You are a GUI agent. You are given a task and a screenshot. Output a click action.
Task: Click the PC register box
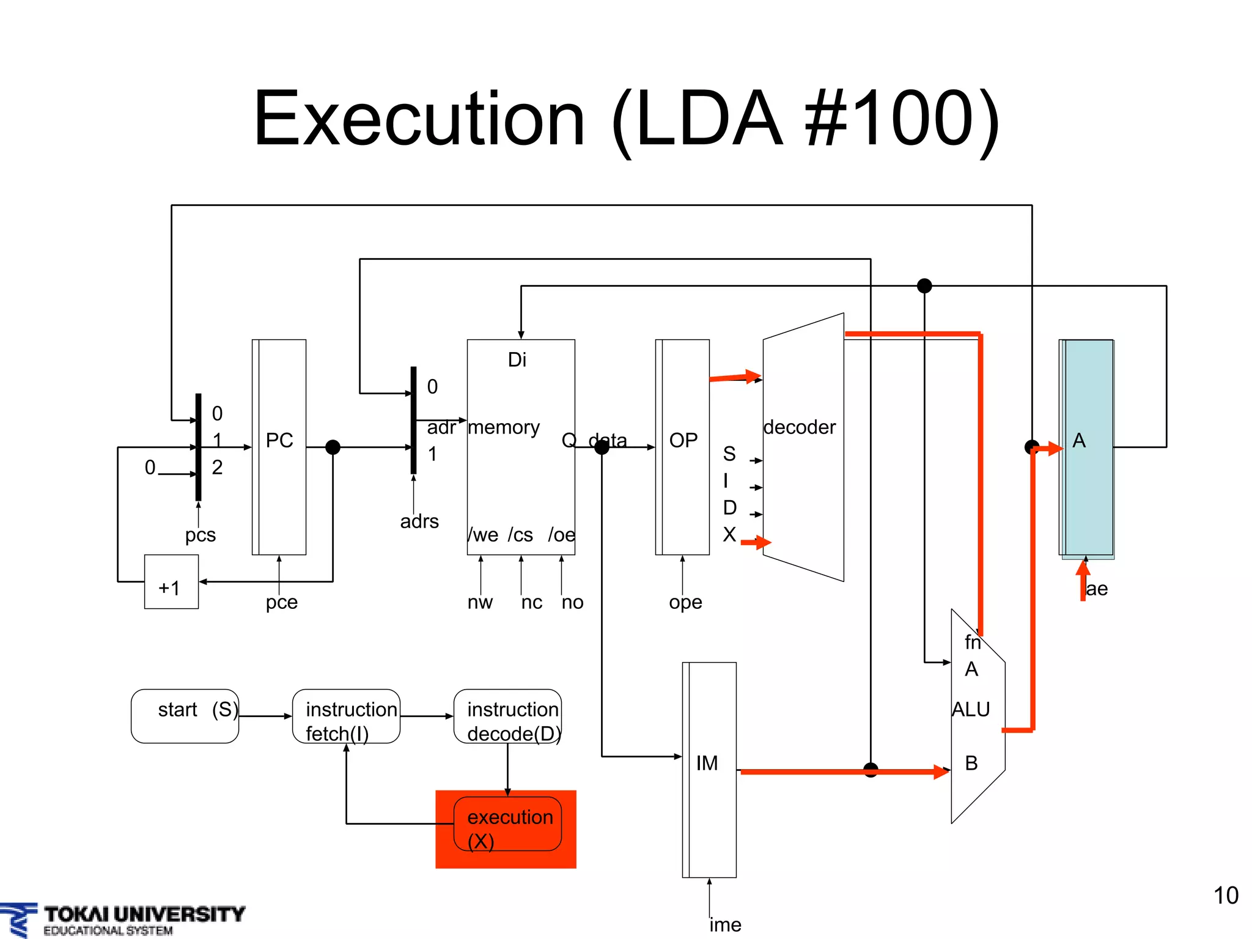pyautogui.click(x=279, y=446)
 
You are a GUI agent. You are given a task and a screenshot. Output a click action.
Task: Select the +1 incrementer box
pyautogui.click(x=171, y=582)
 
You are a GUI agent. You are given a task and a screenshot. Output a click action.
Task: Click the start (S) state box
pyautogui.click(x=185, y=716)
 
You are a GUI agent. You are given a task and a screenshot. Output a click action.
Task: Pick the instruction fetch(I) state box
pyautogui.click(x=346, y=716)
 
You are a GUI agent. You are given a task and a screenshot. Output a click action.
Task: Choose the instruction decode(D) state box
pyautogui.click(x=507, y=716)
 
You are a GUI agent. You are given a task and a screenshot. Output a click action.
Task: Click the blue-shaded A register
pyautogui.click(x=1088, y=447)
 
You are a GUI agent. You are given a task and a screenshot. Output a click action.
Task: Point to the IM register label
pyautogui.click(x=707, y=763)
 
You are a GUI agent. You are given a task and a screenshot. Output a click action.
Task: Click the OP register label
pyautogui.click(x=683, y=440)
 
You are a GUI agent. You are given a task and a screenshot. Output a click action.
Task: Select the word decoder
pyautogui.click(x=800, y=427)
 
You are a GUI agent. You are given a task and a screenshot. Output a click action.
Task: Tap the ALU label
pyautogui.click(x=971, y=709)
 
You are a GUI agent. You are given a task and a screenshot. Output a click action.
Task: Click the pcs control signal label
pyautogui.click(x=201, y=535)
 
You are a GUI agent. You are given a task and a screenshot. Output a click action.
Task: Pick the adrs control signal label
pyautogui.click(x=419, y=521)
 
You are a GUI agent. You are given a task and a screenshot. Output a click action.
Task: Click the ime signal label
pyautogui.click(x=725, y=924)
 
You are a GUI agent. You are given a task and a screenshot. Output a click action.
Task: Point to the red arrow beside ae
pyautogui.click(x=1083, y=580)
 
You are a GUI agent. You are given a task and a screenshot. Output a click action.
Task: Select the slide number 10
pyautogui.click(x=1225, y=896)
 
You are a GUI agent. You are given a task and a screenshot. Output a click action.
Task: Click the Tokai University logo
pyautogui.click(x=122, y=919)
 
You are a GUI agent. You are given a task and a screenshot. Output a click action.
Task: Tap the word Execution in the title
pyautogui.click(x=419, y=119)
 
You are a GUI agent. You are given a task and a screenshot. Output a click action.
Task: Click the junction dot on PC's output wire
pyautogui.click(x=333, y=447)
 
